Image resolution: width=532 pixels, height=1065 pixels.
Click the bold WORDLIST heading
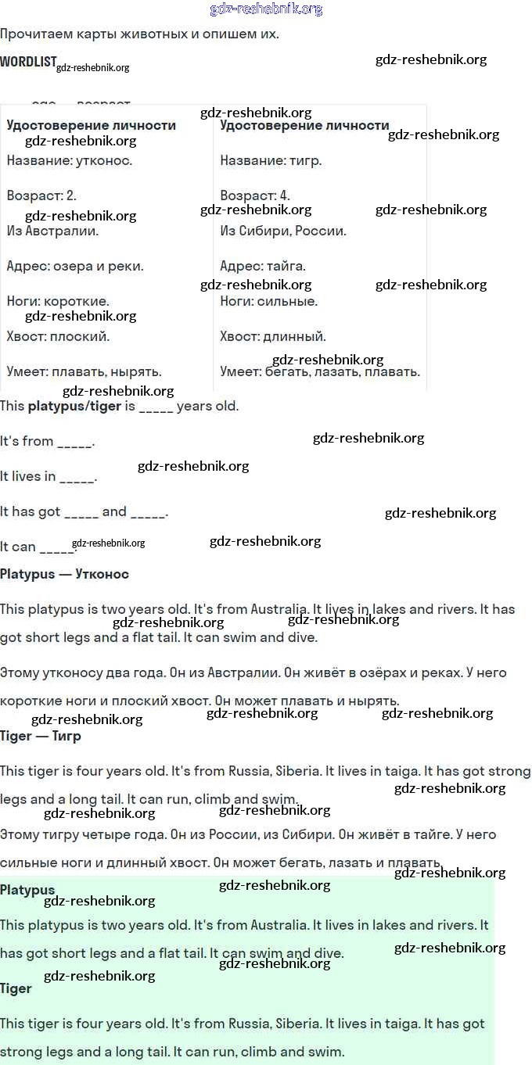[29, 61]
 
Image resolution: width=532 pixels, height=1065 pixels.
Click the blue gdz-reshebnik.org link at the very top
[266, 9]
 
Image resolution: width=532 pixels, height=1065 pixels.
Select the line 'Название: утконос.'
[70, 160]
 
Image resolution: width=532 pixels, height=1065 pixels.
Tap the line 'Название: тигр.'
[271, 160]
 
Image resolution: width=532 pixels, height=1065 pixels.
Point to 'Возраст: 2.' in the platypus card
[41, 195]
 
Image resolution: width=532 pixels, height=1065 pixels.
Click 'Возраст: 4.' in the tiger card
[255, 195]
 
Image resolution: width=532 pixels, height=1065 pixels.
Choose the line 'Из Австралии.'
[52, 231]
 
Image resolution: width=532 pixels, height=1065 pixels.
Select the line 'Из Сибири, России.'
[283, 231]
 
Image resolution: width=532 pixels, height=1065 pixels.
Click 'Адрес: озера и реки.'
[75, 266]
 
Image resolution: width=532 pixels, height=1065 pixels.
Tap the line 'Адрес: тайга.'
[263, 266]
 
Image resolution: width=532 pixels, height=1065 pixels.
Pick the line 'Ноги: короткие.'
[58, 301]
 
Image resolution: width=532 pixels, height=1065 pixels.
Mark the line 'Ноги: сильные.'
[269, 301]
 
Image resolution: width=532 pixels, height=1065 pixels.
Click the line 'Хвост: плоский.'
[58, 336]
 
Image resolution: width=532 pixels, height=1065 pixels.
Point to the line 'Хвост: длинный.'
[273, 336]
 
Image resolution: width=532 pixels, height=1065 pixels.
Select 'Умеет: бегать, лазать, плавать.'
[320, 371]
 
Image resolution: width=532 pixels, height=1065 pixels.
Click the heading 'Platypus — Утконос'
[64, 574]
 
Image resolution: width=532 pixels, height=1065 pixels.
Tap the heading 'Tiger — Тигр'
[41, 736]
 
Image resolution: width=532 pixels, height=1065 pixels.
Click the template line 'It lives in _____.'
[49, 476]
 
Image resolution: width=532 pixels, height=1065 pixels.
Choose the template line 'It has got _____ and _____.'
[84, 511]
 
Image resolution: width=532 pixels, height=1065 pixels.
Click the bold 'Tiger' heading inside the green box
[16, 988]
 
